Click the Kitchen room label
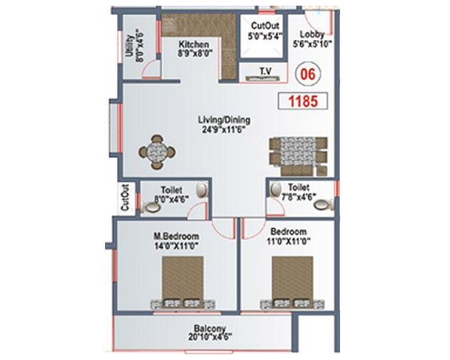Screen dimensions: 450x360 [x=194, y=44]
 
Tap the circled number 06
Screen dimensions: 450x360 [x=308, y=74]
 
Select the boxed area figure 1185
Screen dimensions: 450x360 [x=303, y=101]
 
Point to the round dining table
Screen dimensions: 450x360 [x=157, y=152]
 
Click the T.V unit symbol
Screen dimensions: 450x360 [x=263, y=78]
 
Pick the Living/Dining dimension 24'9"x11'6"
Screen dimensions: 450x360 [x=224, y=130]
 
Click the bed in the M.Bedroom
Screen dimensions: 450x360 [x=183, y=283]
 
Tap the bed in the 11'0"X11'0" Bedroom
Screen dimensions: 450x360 [x=292, y=283]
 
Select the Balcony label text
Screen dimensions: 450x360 [x=210, y=329]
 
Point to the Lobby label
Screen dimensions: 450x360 [x=312, y=34]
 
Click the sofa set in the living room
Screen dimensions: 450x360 [x=299, y=156]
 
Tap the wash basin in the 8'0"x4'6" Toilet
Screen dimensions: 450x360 [x=202, y=190]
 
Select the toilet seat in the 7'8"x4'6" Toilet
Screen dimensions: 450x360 [x=324, y=204]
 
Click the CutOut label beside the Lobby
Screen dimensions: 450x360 [x=265, y=26]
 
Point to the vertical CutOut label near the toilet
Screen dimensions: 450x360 [x=125, y=198]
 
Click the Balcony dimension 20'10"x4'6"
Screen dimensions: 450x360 [x=210, y=336]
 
